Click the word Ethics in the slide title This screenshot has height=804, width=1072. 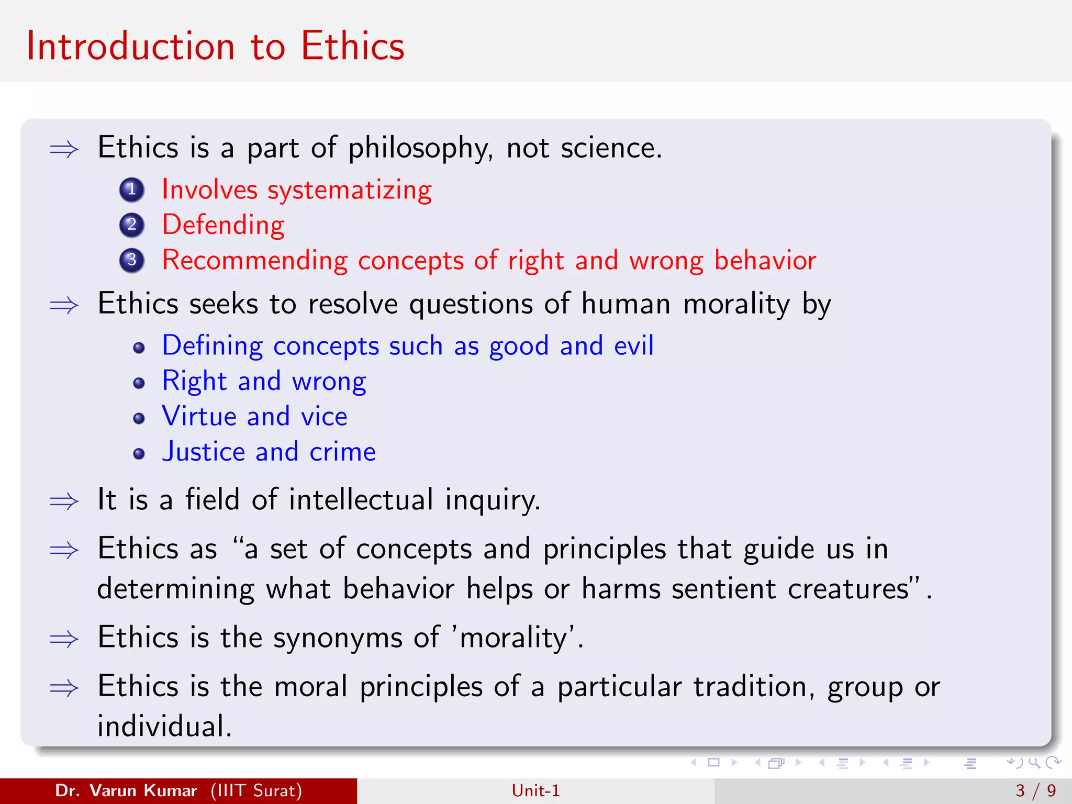[x=352, y=46]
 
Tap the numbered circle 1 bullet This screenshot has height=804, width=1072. [x=132, y=189]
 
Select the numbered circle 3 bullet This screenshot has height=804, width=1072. [x=132, y=260]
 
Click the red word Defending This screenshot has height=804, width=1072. [x=224, y=225]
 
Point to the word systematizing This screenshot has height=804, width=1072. [x=350, y=190]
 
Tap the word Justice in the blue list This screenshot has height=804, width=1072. [x=204, y=452]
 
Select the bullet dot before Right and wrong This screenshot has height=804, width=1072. [x=139, y=384]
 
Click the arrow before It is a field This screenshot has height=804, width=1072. [x=64, y=501]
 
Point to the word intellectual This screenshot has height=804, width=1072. [x=361, y=499]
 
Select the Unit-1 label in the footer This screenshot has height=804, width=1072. [x=535, y=790]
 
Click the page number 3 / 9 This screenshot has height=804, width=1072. [x=1035, y=790]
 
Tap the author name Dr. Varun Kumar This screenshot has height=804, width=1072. [x=126, y=790]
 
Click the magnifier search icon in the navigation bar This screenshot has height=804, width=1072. [x=1034, y=763]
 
